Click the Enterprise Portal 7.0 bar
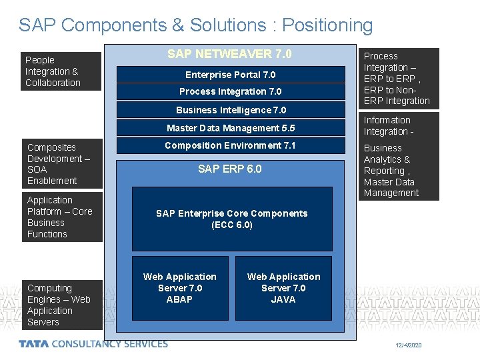point(230,75)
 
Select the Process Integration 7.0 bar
point(230,91)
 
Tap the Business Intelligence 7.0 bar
point(231,110)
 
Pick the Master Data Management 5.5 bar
point(231,128)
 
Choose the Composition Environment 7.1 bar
point(231,145)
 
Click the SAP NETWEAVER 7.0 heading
point(229,54)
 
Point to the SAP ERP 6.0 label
point(230,169)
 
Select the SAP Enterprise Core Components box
point(232,219)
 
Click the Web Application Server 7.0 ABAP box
point(180,288)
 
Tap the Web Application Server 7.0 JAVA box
point(283,288)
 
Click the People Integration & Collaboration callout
point(61,71)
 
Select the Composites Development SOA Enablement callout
point(62,164)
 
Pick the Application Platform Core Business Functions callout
point(62,217)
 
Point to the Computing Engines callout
point(62,305)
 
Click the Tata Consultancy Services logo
point(93,344)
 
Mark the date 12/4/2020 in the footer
point(408,345)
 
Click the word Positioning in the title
point(327,25)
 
